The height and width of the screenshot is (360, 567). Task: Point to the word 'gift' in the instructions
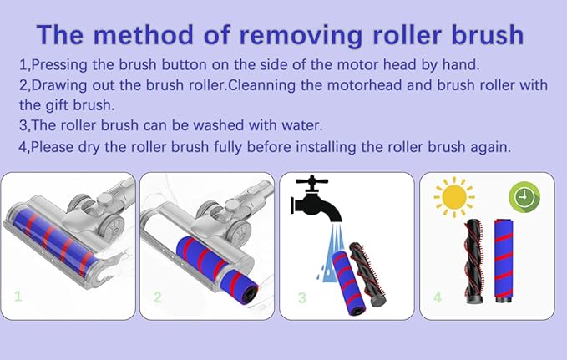(x=56, y=106)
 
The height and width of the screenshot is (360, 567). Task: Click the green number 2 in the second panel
(x=157, y=297)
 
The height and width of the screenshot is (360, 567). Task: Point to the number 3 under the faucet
(x=302, y=297)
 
